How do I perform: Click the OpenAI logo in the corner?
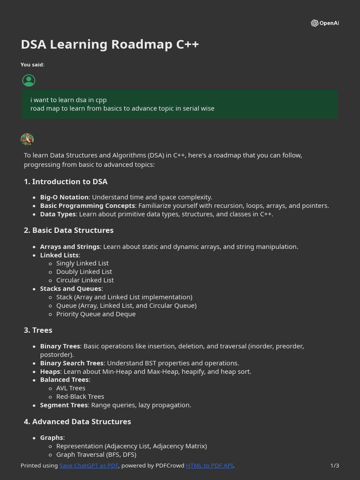324,23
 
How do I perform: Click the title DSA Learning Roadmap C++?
110,45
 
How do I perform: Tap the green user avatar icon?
29,81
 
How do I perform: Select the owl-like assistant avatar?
27,139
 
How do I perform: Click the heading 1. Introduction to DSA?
66,182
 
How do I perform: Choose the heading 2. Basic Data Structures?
68,231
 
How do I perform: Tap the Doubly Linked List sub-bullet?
84,272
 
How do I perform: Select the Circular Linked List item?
85,280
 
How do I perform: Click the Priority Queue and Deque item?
96,314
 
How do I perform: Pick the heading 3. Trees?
38,330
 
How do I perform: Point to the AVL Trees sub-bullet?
71,388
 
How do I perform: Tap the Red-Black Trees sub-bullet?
80,397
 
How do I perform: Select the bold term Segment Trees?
64,405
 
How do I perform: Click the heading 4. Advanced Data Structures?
77,422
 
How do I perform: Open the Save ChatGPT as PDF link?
89,465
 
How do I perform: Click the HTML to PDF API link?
209,465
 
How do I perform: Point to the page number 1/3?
335,465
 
